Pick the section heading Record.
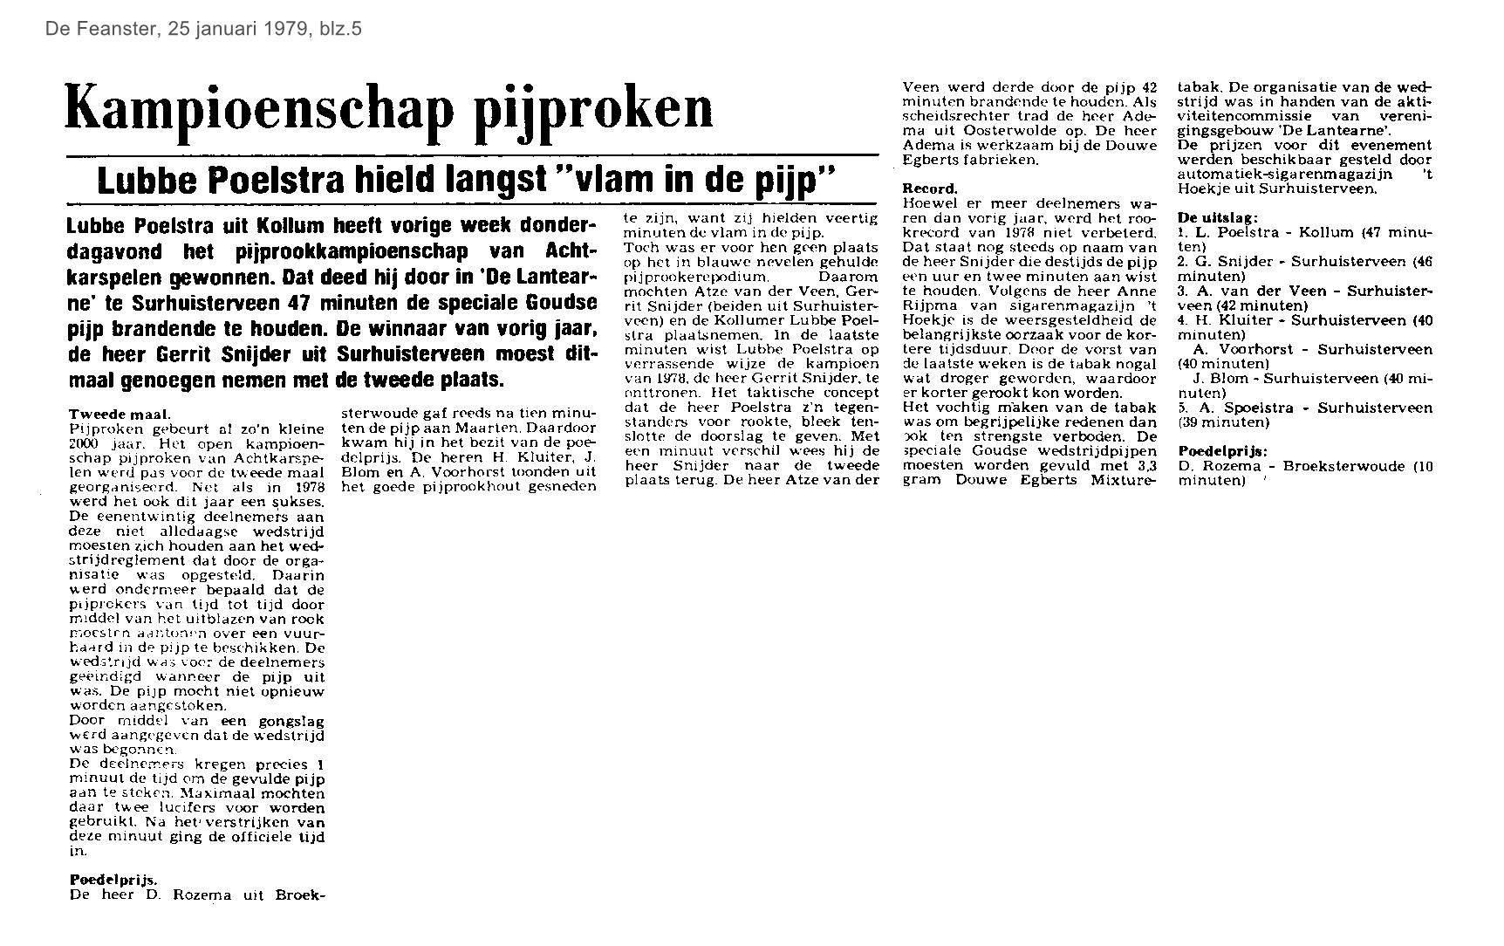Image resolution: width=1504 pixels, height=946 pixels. tap(929, 189)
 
